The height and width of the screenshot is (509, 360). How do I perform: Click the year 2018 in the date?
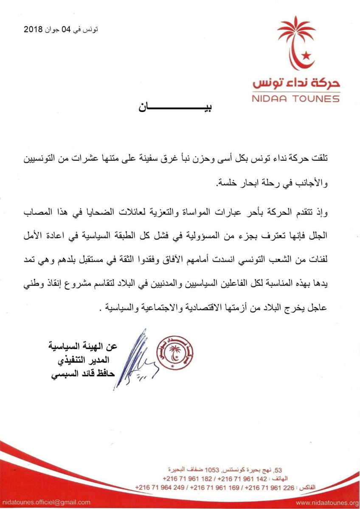click(33, 30)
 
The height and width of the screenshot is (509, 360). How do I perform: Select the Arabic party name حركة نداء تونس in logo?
click(296, 82)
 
